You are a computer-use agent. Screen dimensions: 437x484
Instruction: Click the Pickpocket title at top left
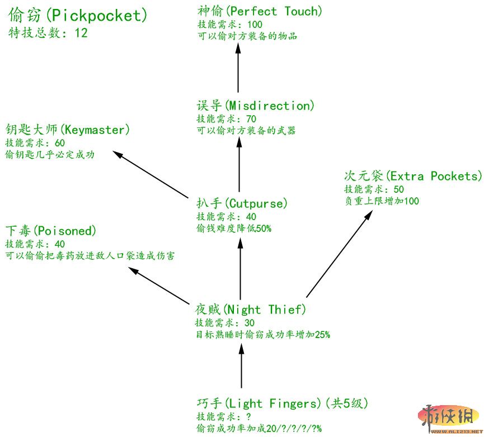[78, 16]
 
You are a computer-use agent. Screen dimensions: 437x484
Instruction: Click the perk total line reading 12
[48, 33]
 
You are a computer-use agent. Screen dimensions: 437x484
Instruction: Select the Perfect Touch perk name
[260, 11]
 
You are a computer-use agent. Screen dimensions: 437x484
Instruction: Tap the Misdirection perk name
[256, 106]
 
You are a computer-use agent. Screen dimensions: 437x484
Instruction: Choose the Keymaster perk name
[67, 130]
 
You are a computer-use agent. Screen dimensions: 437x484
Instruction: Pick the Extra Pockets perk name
[412, 176]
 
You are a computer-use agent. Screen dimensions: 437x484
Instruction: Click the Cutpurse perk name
[242, 203]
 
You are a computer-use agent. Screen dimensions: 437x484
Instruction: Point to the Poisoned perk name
[51, 231]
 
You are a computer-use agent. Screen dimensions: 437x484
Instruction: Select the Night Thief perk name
[250, 310]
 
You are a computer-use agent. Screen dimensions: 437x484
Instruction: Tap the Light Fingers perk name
[282, 403]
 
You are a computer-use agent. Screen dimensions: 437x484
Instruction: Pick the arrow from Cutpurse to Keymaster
[151, 174]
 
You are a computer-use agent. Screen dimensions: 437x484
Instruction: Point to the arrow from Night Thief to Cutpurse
[241, 268]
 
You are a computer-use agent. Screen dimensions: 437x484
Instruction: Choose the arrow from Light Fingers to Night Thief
[241, 366]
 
